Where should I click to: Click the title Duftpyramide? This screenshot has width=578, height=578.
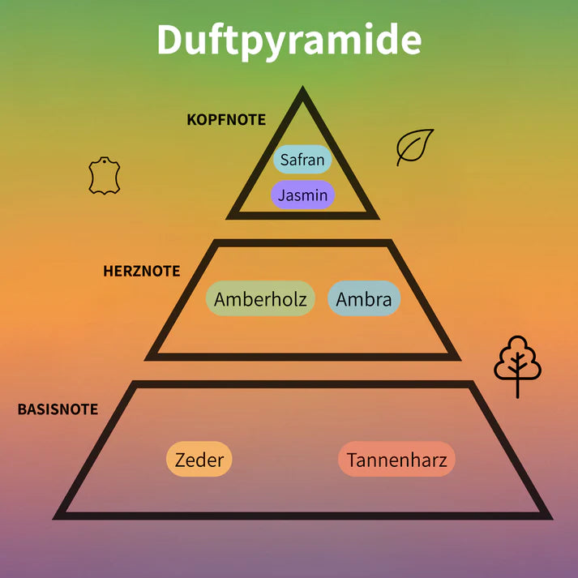click(289, 41)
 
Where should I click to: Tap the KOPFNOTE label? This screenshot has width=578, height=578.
click(226, 120)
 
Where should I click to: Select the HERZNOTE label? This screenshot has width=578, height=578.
click(142, 271)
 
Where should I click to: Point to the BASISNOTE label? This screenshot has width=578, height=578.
click(58, 409)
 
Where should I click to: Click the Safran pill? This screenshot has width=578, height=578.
click(302, 159)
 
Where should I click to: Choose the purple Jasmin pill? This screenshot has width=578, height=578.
click(302, 195)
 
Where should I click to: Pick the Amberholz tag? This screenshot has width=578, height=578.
click(260, 298)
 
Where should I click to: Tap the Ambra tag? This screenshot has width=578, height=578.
click(364, 298)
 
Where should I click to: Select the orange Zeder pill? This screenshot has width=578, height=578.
click(199, 459)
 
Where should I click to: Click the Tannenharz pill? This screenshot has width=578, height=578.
click(396, 459)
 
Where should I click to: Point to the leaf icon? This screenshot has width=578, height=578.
click(415, 147)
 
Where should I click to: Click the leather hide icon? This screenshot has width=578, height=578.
click(105, 175)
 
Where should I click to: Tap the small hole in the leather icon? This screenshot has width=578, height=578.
click(105, 161)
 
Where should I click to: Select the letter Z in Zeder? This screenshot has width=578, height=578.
click(180, 460)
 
